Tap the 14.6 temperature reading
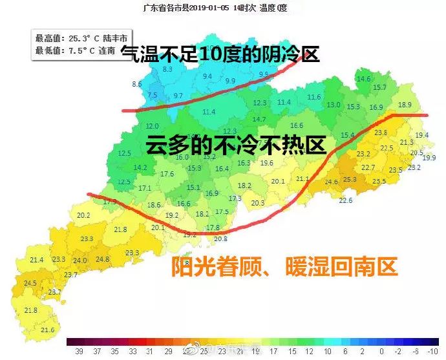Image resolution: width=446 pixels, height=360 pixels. [364, 79]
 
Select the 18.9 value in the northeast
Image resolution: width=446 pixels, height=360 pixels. [405, 105]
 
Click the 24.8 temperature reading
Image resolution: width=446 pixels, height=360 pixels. [102, 259]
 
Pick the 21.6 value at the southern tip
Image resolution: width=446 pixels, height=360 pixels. [47, 330]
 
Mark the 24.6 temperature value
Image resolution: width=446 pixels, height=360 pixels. [331, 182]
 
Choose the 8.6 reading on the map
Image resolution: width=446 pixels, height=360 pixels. [137, 85]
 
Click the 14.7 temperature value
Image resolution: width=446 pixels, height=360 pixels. [259, 119]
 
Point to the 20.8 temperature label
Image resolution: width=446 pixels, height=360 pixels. [220, 238]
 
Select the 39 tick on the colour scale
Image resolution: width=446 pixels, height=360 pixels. [79, 351]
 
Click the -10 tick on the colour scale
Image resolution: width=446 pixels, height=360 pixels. [432, 351]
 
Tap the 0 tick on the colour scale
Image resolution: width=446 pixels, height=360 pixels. [382, 351]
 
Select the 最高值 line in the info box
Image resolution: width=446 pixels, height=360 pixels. [80, 38]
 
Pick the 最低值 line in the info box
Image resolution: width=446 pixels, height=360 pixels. [76, 50]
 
